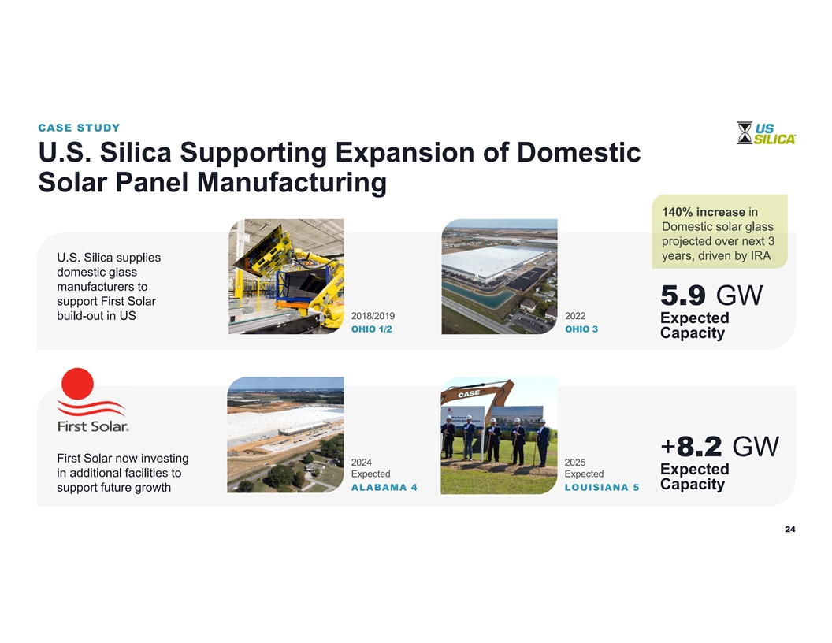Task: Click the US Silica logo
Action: [766, 133]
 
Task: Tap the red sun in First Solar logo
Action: [77, 383]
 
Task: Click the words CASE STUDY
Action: [79, 128]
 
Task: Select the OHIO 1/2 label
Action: [371, 329]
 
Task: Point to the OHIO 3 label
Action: [581, 329]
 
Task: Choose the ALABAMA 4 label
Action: [384, 488]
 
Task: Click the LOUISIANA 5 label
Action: [602, 488]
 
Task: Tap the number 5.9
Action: [683, 295]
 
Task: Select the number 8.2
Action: [700, 447]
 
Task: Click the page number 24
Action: [790, 529]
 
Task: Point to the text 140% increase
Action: [704, 212]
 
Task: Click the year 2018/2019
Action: [373, 316]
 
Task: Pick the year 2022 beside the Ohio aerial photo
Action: [575, 316]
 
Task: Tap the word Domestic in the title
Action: [579, 152]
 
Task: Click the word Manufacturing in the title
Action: [292, 183]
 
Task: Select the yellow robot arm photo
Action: [286, 277]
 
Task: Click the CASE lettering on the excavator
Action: [469, 394]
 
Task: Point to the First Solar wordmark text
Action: [93, 426]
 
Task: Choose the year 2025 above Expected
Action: [575, 463]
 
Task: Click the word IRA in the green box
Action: [761, 256]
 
